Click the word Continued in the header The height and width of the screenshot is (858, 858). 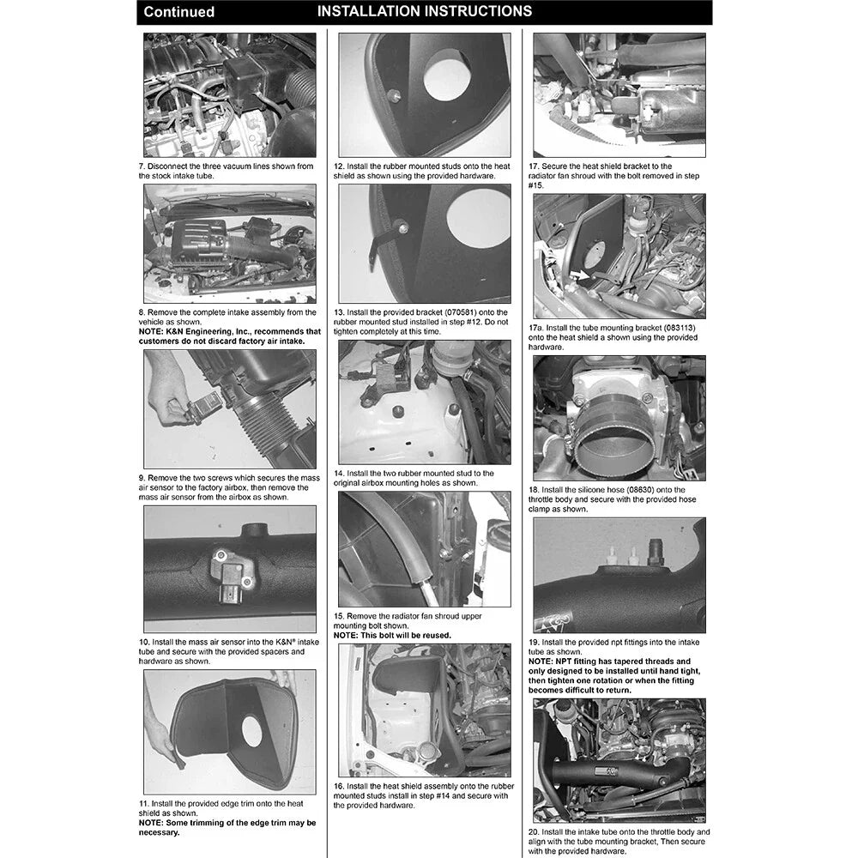pyautogui.click(x=179, y=11)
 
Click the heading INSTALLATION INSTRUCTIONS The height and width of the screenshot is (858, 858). pyautogui.click(x=425, y=11)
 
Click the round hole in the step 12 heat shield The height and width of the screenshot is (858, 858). pyautogui.click(x=446, y=75)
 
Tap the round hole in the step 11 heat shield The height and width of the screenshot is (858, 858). pyautogui.click(x=251, y=731)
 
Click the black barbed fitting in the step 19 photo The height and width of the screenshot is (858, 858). pyautogui.click(x=656, y=552)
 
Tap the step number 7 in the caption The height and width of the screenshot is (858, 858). pyautogui.click(x=142, y=166)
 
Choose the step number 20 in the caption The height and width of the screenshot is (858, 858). pyautogui.click(x=534, y=831)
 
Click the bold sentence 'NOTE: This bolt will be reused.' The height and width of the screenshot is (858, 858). pyautogui.click(x=392, y=635)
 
